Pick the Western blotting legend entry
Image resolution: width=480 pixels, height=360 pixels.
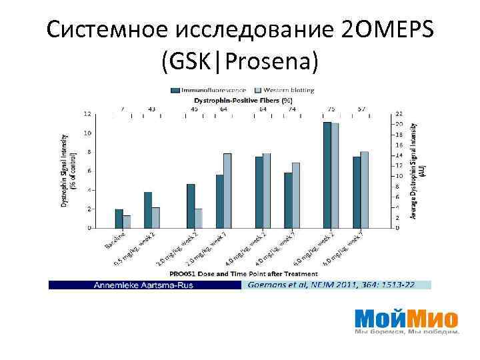(x=289, y=90)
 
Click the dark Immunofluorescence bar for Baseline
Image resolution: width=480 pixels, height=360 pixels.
(x=119, y=219)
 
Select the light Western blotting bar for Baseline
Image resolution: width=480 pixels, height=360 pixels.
(x=127, y=221)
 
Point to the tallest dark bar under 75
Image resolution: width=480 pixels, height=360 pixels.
(x=327, y=175)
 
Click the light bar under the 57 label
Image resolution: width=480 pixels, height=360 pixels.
(x=365, y=190)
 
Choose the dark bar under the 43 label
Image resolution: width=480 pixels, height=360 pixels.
(x=148, y=210)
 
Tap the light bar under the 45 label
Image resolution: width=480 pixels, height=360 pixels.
(x=198, y=218)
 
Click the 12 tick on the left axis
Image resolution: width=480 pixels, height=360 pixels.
(x=88, y=114)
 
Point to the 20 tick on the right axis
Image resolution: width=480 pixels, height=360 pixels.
(x=399, y=125)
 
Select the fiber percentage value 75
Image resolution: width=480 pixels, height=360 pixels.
(x=331, y=109)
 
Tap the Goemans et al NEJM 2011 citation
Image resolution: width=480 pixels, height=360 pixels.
(x=331, y=285)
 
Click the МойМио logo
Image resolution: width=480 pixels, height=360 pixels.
(x=406, y=318)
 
